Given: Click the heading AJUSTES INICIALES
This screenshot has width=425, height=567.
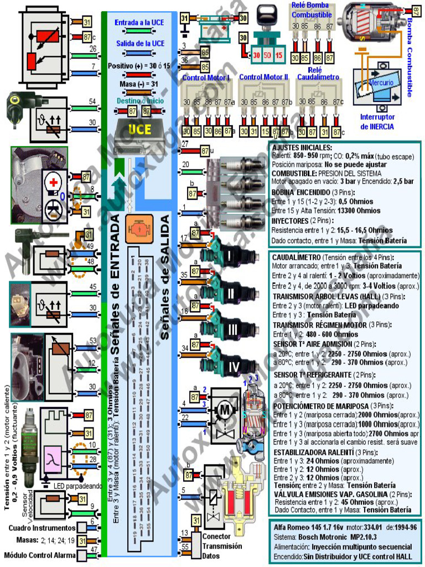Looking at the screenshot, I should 302,148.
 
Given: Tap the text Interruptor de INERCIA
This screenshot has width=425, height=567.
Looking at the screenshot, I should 377,122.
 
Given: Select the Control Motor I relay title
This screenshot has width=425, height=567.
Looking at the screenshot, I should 206,78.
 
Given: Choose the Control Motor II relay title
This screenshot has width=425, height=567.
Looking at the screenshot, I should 263,78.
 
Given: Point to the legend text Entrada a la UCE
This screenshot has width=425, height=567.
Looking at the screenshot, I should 139,23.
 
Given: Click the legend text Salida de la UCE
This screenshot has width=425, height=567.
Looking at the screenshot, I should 139,43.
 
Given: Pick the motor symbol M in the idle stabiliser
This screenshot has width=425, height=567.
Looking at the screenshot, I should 225,409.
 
